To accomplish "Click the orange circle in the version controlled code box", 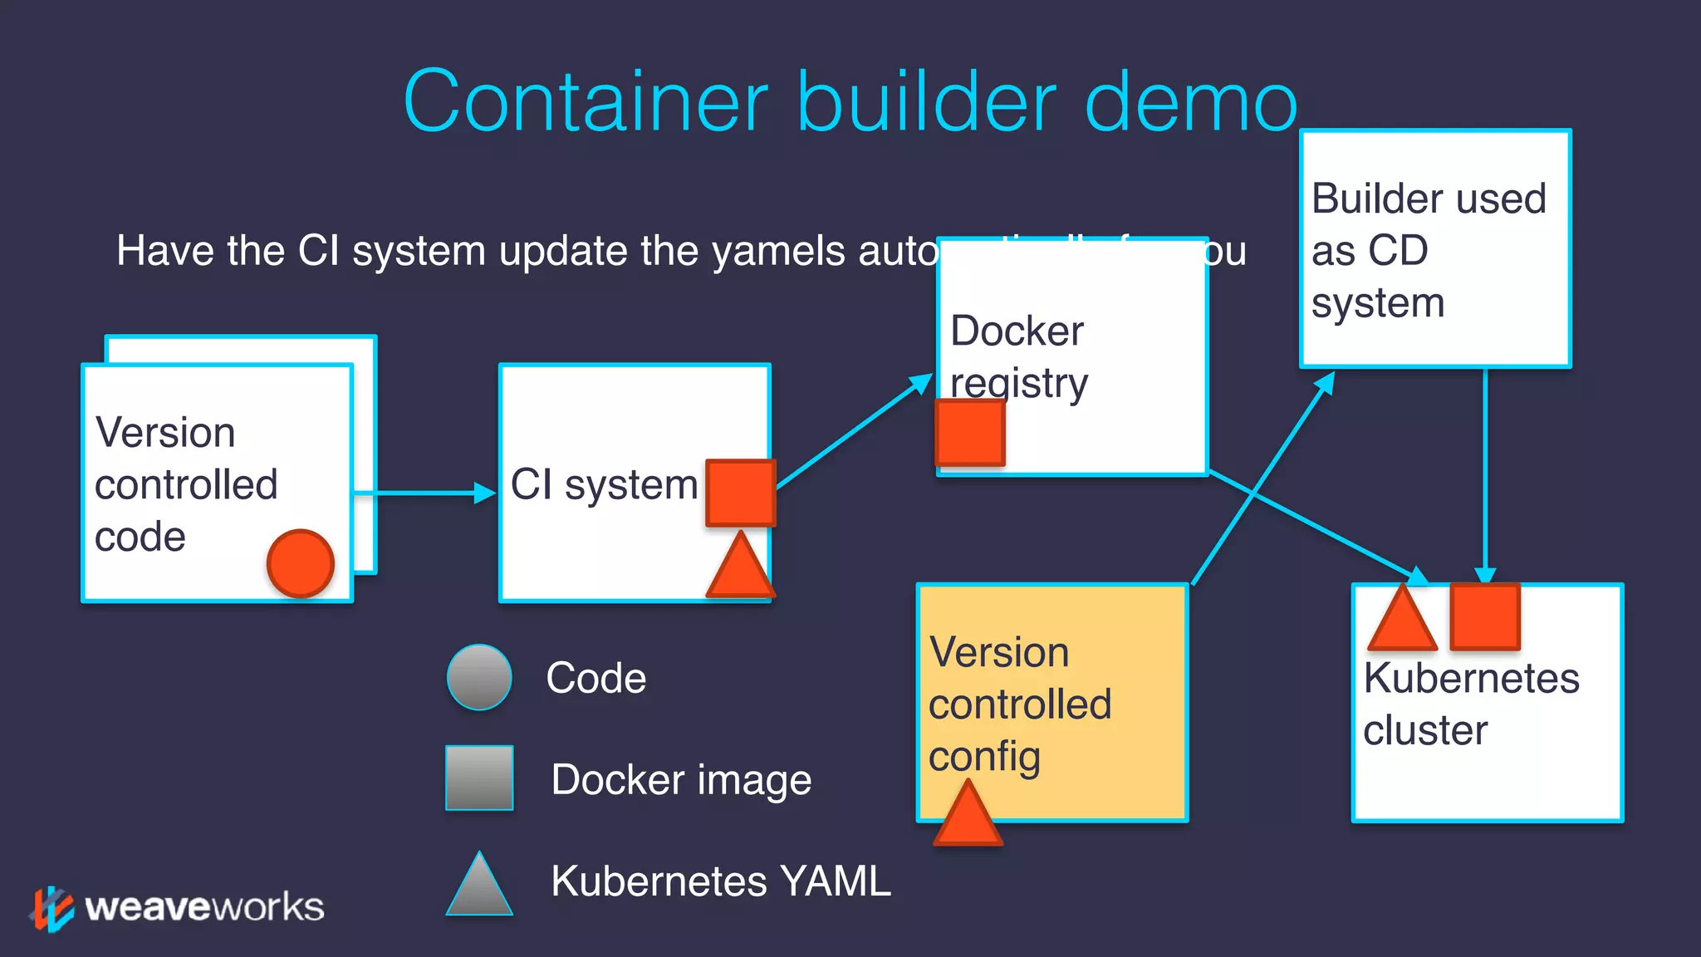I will pos(300,563).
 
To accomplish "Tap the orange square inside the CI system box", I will pos(740,493).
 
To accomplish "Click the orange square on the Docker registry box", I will pos(969,433).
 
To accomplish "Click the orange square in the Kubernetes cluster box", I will pos(1485,617).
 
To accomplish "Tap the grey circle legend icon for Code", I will pos(479,677).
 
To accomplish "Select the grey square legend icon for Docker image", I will pos(479,778).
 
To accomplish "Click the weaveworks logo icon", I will pos(51,909).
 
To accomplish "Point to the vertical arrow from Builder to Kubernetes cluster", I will pos(1485,474).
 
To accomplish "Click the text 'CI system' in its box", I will pos(604,484).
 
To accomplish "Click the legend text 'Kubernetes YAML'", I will pos(720,881).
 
